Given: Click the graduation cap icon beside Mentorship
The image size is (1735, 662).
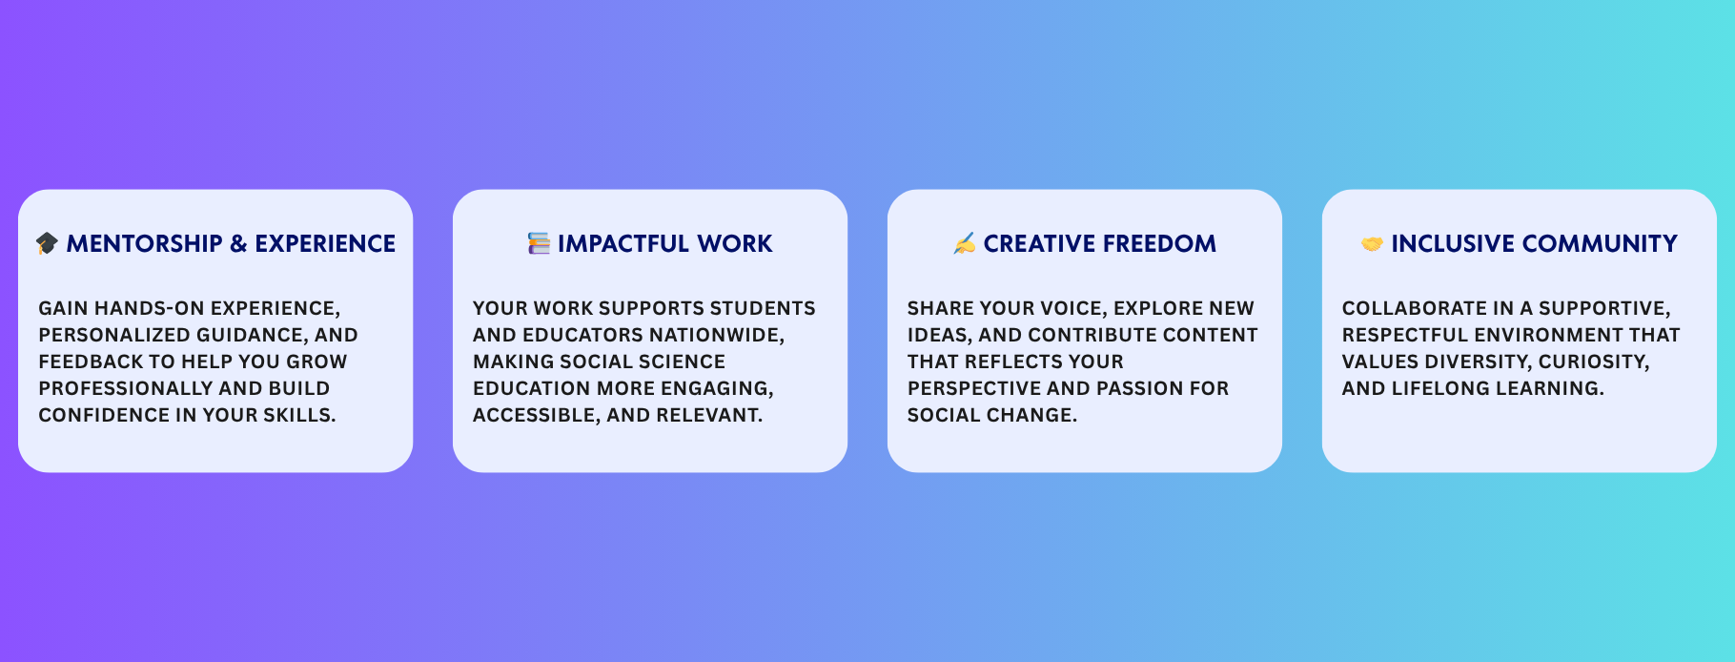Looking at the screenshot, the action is click(x=47, y=243).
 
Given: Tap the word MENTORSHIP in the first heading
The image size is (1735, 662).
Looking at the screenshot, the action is click(x=144, y=243).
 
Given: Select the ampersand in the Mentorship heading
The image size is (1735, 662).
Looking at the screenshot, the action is click(x=238, y=243).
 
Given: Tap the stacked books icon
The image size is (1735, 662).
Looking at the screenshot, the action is click(x=539, y=243).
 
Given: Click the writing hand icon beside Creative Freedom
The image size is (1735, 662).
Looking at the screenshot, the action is click(x=964, y=243).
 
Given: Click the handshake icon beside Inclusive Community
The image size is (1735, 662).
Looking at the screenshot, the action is click(x=1372, y=244).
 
